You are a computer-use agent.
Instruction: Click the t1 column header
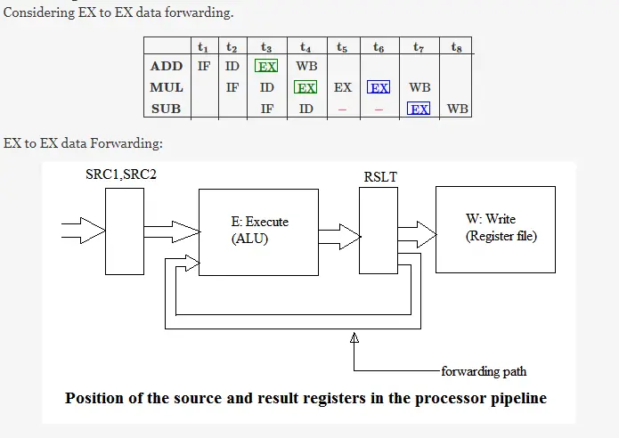coord(203,46)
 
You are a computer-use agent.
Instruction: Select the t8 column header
coord(456,46)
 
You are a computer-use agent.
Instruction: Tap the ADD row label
coord(167,66)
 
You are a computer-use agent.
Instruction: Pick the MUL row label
coord(167,87)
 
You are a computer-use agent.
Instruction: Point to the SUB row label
coord(167,109)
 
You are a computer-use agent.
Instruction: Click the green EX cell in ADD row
coord(266,66)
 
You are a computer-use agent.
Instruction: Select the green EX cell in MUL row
coord(306,87)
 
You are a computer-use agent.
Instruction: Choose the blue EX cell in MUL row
coord(379,87)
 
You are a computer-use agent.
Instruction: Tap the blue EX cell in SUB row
coord(419,109)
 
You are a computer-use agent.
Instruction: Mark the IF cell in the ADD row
coord(203,66)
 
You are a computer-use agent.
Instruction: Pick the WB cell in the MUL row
coord(419,87)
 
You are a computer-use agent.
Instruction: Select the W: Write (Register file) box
coord(495,229)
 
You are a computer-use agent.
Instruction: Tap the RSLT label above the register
coord(380,177)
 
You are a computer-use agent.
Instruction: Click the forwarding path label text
coord(484,370)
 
